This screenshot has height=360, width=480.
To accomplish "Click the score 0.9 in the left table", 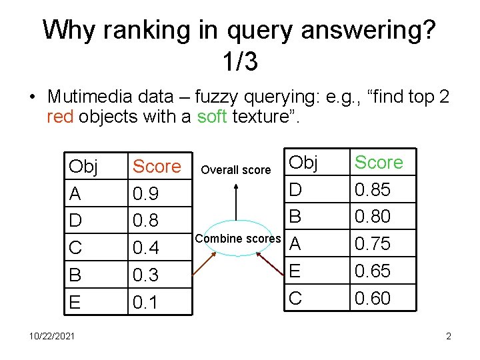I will coord(145,194).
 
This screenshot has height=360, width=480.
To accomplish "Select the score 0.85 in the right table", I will coord(372,190).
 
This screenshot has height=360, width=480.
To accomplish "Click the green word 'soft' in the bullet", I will coord(213,117).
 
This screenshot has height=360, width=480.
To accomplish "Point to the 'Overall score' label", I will coord(236,170).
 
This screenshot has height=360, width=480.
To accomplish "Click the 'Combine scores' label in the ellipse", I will coord(238,239).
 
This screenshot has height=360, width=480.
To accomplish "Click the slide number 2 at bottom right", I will coord(449,336).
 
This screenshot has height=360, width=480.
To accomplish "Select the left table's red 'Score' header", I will coord(157,167).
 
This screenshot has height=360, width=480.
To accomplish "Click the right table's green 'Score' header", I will coord(379,162).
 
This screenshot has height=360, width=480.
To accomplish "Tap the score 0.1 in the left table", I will coord(145,303).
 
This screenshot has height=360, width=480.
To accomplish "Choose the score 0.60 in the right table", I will coord(373,298).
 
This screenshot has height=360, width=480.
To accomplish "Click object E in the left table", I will coord(75,303).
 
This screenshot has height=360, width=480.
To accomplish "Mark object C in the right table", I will coord(295,298).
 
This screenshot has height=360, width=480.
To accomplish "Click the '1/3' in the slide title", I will coord(240,62).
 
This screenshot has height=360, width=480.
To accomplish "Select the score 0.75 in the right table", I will coord(373,244).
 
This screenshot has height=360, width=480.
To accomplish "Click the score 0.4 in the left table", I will coord(146,248).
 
